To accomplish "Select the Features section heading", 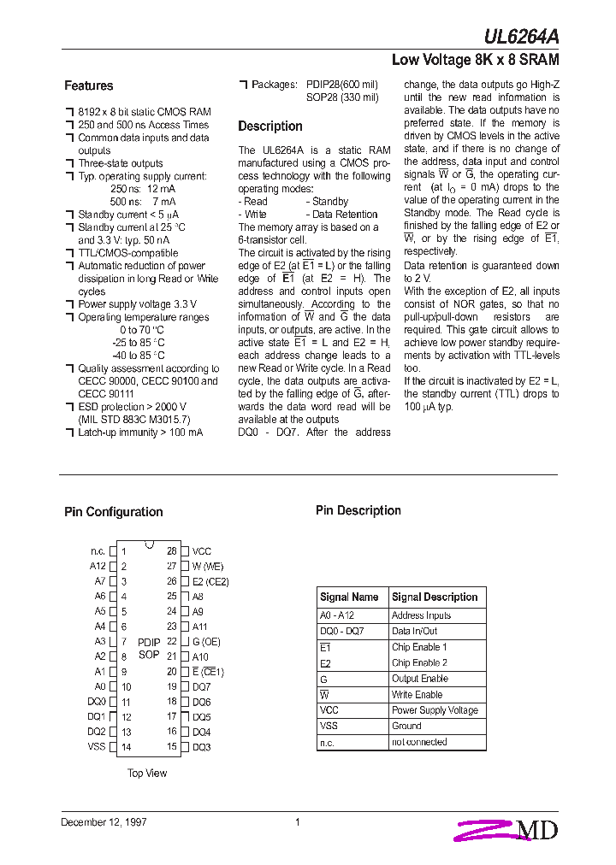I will (88, 85).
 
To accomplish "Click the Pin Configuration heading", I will (113, 512).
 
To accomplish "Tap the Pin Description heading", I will (358, 510).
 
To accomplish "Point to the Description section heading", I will (269, 127).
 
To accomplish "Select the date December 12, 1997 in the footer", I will (104, 822).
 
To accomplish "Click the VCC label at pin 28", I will (201, 551).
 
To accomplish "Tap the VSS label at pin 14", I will (97, 747).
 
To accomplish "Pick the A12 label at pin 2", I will (98, 566).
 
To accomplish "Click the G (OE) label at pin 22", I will (206, 641).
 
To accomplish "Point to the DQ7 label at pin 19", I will (201, 686).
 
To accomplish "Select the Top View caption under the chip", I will (147, 774).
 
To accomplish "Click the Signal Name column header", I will (349, 597).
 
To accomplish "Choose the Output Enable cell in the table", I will (419, 679).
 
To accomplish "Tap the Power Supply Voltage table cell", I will (435, 710).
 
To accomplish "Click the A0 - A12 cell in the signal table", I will (337, 615).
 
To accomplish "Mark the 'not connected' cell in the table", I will (419, 742).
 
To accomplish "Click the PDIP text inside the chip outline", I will (149, 641).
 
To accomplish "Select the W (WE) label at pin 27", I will (207, 566).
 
